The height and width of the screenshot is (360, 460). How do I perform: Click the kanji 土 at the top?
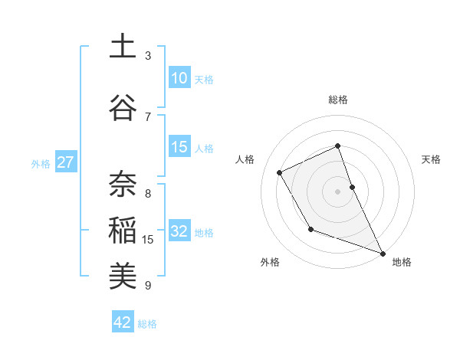pyautogui.click(x=123, y=47)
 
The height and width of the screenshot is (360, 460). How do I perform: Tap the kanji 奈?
pyautogui.click(x=123, y=185)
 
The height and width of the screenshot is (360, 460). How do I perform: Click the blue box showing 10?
pyautogui.click(x=179, y=78)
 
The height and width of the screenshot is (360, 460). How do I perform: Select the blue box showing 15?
pyautogui.click(x=179, y=147)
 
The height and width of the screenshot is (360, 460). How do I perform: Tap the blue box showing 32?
pyautogui.click(x=179, y=232)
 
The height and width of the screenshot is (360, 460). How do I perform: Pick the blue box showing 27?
pyautogui.click(x=66, y=162)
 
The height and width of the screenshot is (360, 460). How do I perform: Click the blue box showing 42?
pyautogui.click(x=123, y=322)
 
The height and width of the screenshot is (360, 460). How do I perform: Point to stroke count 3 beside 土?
pyautogui.click(x=148, y=56)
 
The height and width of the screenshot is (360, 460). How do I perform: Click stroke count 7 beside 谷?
pyautogui.click(x=148, y=116)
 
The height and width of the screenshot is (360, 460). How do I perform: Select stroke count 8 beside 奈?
pyautogui.click(x=148, y=193)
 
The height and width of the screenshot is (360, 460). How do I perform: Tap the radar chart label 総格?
pyautogui.click(x=338, y=100)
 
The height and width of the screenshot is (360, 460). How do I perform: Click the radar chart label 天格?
pyautogui.click(x=432, y=159)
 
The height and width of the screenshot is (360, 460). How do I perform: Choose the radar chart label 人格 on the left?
pyautogui.click(x=245, y=159)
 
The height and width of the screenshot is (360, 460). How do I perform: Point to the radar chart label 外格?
pyautogui.click(x=270, y=262)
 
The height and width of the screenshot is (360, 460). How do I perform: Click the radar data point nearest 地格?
pyautogui.click(x=383, y=254)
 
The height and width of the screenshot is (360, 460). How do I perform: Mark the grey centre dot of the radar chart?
pyautogui.click(x=338, y=191)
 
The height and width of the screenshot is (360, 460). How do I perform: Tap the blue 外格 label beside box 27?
pyautogui.click(x=40, y=163)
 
